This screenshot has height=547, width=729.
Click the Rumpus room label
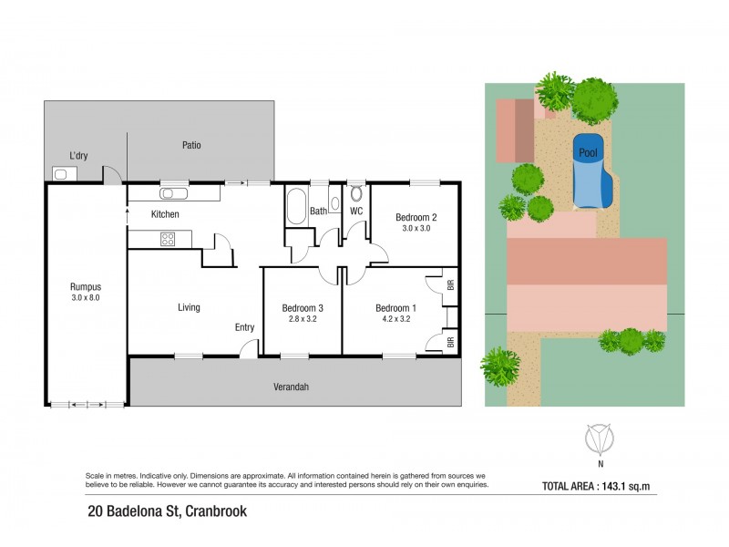85,286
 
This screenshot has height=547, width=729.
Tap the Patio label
190,145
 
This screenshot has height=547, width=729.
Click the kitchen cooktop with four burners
169,240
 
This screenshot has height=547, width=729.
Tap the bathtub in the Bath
296,207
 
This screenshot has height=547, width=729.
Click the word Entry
244,327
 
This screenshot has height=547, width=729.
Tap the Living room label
189,307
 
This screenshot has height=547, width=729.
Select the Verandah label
292,387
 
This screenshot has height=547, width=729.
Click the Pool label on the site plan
588,154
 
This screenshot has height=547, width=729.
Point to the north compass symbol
599,440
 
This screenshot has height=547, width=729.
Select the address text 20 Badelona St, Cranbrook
167,511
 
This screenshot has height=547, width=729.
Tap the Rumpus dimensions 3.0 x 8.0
85,298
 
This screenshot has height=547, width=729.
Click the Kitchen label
165,214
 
